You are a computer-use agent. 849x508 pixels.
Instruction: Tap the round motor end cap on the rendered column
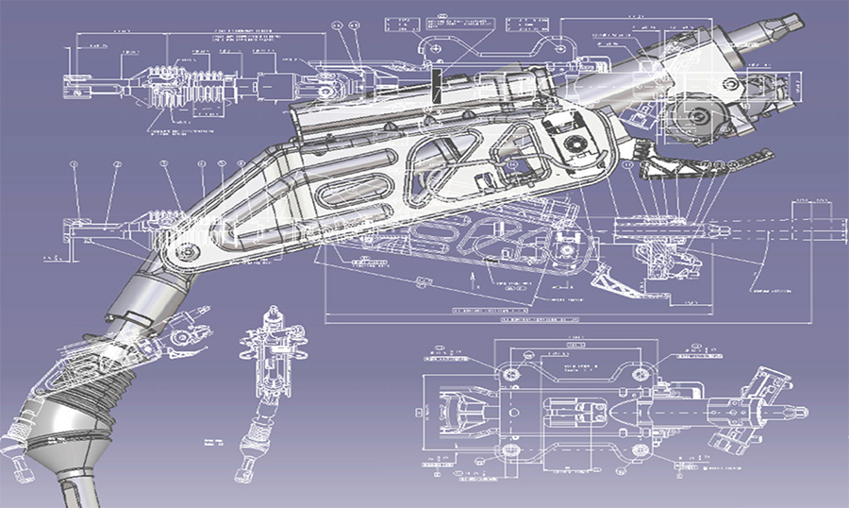tap(696, 117)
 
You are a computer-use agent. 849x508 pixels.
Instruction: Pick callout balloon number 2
tap(117, 165)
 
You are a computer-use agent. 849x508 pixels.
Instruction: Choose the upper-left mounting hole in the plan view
tap(509, 375)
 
